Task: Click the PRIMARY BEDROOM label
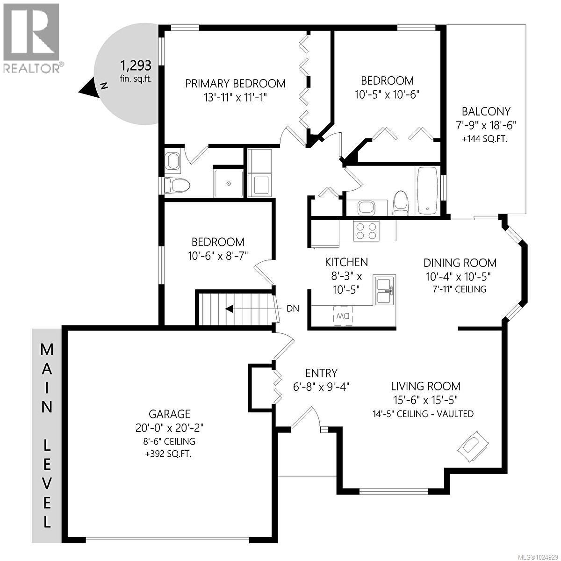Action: point(235,84)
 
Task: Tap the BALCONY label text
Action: point(486,112)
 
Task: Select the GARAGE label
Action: point(169,414)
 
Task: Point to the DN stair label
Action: point(293,309)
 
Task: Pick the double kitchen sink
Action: point(385,290)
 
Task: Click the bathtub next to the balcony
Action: point(427,191)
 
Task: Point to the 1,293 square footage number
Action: point(136,65)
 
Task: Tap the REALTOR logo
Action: point(32,37)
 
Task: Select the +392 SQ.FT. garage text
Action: point(169,452)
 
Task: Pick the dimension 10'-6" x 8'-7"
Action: point(218,255)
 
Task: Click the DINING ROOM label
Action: point(460,263)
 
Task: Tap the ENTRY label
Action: point(321,373)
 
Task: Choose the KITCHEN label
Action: point(346,262)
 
